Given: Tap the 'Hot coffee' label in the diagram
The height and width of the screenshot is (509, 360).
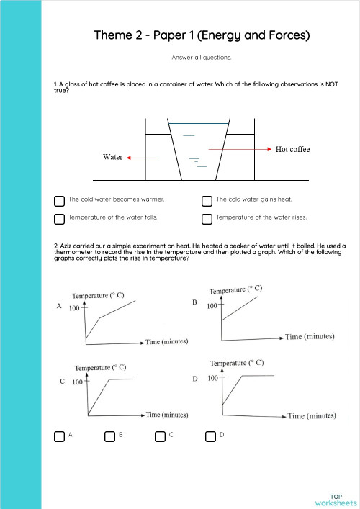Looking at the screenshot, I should (x=292, y=149).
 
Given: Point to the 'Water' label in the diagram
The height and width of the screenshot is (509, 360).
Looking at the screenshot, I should (x=113, y=157).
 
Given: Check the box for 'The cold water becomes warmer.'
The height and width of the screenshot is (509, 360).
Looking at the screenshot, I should (x=59, y=200).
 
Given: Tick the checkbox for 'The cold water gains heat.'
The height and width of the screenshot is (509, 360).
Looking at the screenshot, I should (x=207, y=200).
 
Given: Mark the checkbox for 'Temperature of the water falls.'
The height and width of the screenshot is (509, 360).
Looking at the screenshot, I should (x=59, y=218).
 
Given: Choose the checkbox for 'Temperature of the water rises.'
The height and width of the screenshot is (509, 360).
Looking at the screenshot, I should (x=207, y=218).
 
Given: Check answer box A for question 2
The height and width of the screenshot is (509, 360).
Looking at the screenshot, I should (x=59, y=436).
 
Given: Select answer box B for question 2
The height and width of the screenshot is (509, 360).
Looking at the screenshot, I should (x=109, y=436).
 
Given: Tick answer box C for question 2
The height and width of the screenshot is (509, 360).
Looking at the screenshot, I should (x=160, y=436).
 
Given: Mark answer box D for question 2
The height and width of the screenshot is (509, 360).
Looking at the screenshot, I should (x=210, y=436).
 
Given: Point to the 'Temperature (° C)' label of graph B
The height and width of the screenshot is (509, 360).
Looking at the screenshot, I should (x=236, y=289).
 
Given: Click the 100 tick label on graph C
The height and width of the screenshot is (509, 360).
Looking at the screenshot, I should (x=78, y=382).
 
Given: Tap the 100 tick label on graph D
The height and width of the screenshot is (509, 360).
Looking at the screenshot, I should (x=214, y=378).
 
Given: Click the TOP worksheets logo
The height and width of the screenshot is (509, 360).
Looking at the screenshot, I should (x=336, y=500).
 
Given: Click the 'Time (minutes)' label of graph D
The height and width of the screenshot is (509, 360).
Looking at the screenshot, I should (x=312, y=415).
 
